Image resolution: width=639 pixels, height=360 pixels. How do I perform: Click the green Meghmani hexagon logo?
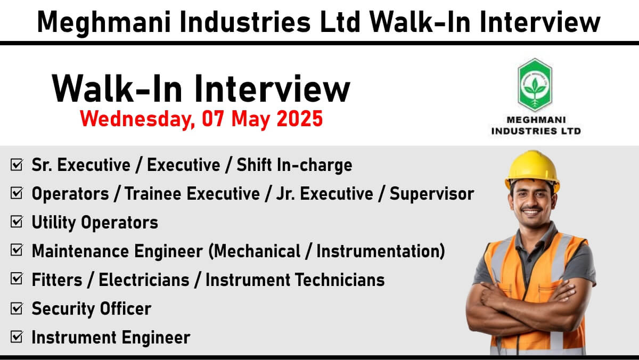click(535, 85)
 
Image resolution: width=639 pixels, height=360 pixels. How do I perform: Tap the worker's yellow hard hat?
click(532, 170)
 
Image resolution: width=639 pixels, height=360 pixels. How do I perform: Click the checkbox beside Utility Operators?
click(17, 222)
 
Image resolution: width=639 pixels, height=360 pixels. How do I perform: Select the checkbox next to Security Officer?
click(17, 308)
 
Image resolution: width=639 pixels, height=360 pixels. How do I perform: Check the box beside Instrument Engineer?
click(17, 337)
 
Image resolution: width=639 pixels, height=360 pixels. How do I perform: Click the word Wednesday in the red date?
click(137, 119)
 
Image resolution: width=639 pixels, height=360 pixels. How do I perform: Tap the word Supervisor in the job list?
click(432, 194)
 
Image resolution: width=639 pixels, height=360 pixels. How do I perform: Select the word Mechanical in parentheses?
click(255, 251)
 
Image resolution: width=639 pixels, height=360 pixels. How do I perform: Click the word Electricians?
click(144, 280)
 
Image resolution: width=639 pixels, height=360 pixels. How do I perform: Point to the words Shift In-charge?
click(294, 166)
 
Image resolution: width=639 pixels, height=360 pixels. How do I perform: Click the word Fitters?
click(57, 280)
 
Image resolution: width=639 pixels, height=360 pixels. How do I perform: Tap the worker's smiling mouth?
click(531, 212)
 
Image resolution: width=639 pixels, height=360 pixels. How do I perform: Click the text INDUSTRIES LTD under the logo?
click(536, 131)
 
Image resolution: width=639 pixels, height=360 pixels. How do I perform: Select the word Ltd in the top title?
click(340, 22)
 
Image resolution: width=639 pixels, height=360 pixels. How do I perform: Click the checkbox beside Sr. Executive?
click(17, 165)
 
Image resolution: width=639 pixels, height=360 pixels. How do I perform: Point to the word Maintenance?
click(80, 251)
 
